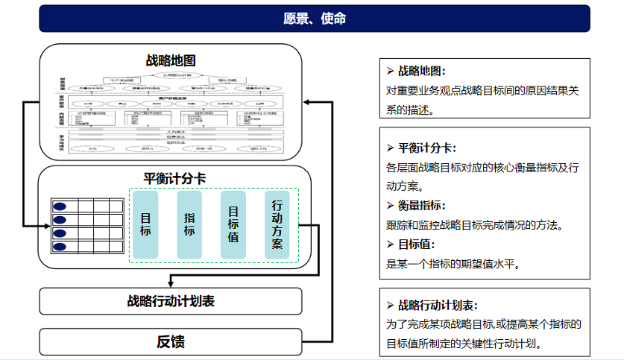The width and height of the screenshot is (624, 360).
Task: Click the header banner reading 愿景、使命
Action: coord(314,19)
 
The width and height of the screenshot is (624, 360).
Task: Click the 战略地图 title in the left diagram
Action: coord(171,60)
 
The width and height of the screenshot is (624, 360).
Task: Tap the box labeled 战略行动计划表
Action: coord(171,301)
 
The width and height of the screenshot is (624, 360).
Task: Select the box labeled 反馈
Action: coord(171,342)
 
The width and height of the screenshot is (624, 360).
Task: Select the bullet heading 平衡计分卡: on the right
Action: coord(426,148)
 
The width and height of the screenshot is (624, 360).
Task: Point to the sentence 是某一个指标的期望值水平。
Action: coord(452,263)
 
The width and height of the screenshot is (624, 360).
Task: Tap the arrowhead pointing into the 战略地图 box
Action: coord(306,103)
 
